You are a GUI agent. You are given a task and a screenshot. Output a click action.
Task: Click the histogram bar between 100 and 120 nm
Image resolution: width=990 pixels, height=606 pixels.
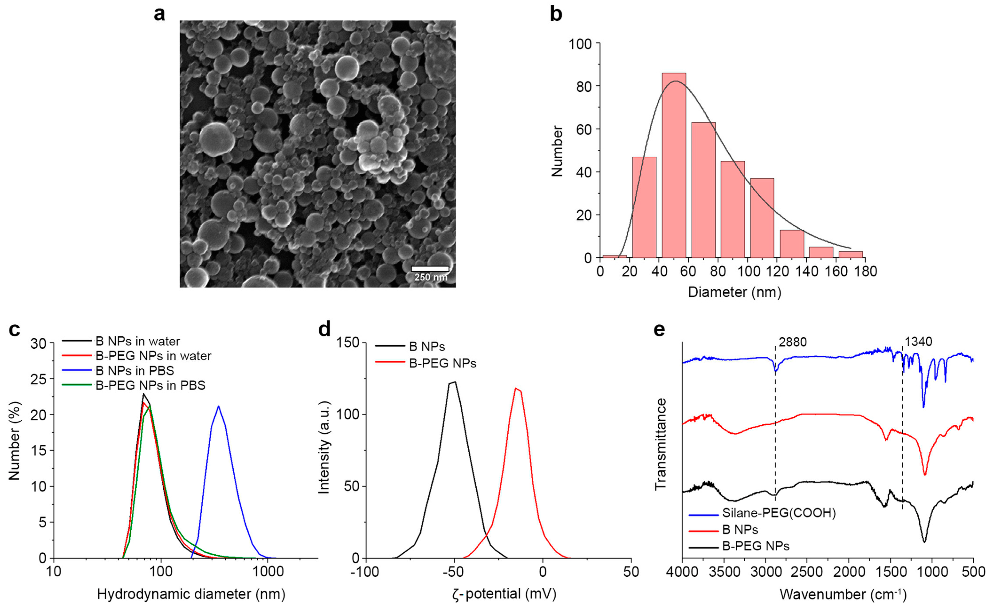(762, 217)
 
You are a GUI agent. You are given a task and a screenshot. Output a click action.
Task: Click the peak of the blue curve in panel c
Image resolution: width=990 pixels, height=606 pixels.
(218, 406)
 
